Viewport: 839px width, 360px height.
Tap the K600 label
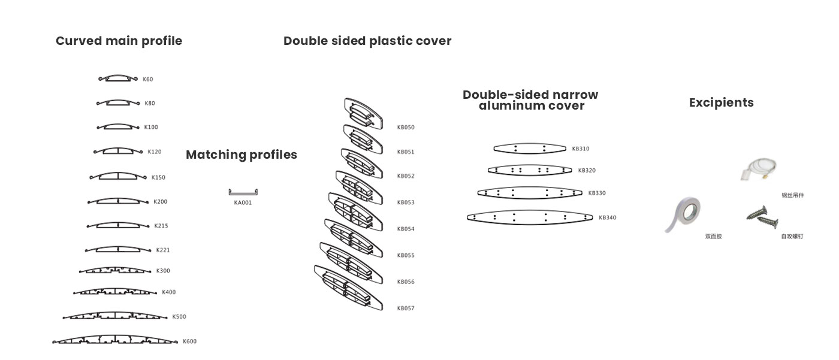[189, 341]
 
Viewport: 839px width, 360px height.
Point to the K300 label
[163, 271]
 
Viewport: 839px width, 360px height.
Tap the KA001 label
[243, 202]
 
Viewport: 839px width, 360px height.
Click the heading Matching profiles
[241, 155]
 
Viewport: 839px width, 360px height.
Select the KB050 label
[406, 127]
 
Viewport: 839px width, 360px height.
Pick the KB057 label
[406, 308]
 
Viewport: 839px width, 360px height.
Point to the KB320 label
[587, 171]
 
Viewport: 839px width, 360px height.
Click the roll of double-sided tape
[683, 214]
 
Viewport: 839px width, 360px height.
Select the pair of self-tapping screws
[762, 217]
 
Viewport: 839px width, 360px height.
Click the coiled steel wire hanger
[759, 169]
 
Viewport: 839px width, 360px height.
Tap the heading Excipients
[722, 102]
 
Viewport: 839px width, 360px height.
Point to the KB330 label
[597, 193]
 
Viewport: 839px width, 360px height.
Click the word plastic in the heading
[382, 41]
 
